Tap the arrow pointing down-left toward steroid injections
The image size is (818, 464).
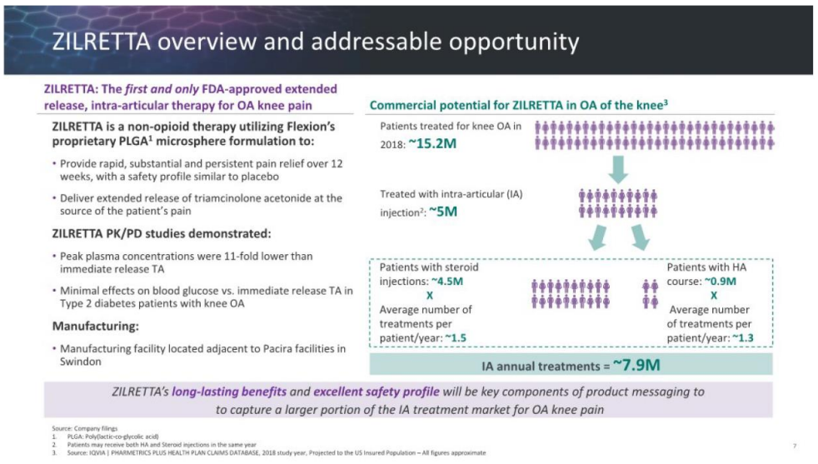(597, 237)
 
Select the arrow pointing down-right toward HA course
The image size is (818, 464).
(640, 237)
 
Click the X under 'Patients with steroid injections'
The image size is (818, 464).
(429, 296)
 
